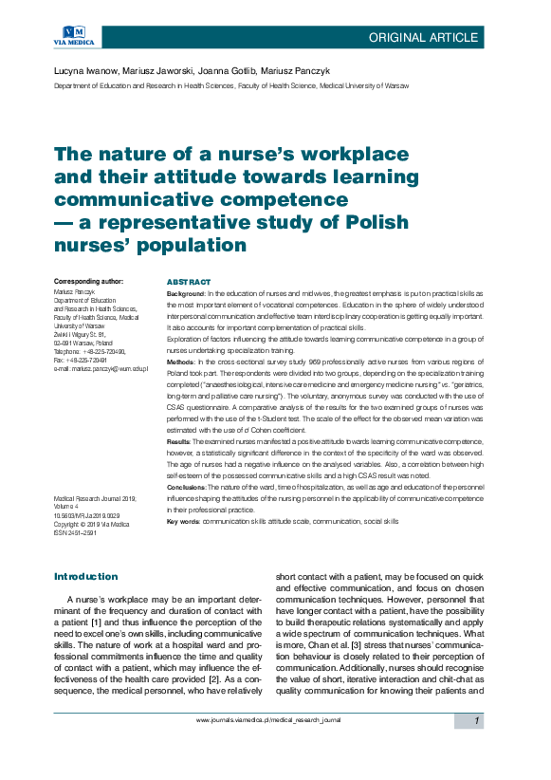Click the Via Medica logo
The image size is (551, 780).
(71, 35)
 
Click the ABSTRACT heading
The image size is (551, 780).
(189, 283)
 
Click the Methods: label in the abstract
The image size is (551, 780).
(182, 363)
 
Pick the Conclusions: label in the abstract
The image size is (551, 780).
(187, 487)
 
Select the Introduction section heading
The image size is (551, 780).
(86, 576)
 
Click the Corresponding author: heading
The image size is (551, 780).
(89, 283)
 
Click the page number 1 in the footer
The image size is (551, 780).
(477, 721)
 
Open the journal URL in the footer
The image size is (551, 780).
(267, 721)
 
